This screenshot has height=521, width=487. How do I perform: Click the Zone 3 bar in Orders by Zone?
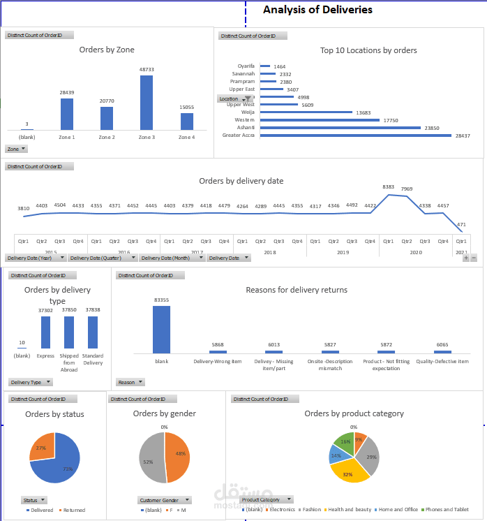click(147, 103)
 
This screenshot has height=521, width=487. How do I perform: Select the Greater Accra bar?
click(356, 135)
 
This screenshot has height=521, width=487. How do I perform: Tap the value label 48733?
click(147, 70)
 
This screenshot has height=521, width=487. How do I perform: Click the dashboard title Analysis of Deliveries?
click(317, 10)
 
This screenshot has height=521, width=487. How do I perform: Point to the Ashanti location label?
click(246, 128)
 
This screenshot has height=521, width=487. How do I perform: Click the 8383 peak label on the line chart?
click(389, 187)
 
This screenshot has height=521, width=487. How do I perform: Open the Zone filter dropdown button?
click(17, 149)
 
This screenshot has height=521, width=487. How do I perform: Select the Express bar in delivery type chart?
click(45, 332)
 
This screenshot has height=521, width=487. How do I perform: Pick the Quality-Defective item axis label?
click(442, 362)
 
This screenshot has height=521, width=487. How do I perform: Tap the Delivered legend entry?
click(43, 510)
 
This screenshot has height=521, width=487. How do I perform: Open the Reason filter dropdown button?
click(130, 382)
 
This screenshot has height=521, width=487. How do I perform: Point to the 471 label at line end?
click(460, 224)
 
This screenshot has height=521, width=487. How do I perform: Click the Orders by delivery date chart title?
click(241, 181)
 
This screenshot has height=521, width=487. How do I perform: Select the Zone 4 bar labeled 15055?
click(186, 122)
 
